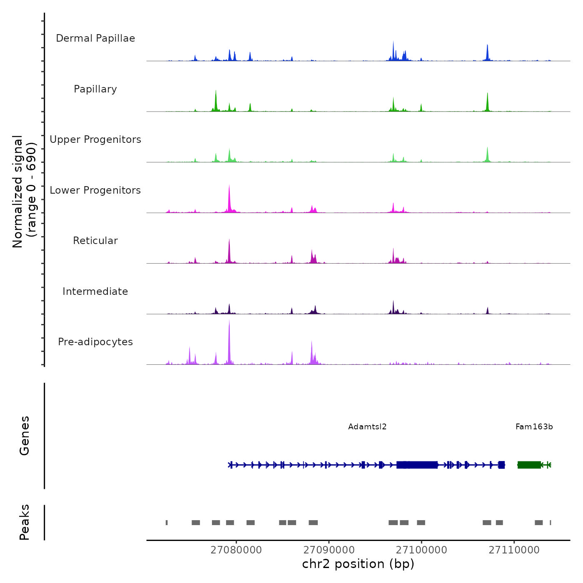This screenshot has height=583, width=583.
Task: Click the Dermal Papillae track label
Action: click(95, 38)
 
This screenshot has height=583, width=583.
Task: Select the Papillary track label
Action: click(95, 89)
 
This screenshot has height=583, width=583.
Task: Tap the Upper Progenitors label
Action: click(95, 140)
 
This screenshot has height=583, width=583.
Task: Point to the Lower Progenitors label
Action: click(95, 190)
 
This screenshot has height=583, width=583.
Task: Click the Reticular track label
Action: click(95, 241)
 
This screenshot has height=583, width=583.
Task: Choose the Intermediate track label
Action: click(95, 291)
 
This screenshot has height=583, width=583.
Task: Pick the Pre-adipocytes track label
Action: click(95, 342)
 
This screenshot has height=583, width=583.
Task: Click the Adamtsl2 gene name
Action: click(367, 427)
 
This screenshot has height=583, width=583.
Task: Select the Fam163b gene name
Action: click(534, 427)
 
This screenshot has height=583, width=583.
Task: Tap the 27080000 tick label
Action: click(236, 550)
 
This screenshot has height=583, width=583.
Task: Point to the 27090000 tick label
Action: click(329, 550)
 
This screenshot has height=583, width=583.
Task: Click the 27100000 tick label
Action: click(421, 550)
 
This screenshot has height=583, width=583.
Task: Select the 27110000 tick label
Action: click(514, 550)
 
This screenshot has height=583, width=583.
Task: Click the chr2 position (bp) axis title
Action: click(358, 564)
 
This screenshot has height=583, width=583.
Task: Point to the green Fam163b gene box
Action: click(529, 465)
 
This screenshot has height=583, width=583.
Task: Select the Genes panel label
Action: click(25, 436)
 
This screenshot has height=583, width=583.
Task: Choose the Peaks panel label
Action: click(25, 522)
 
